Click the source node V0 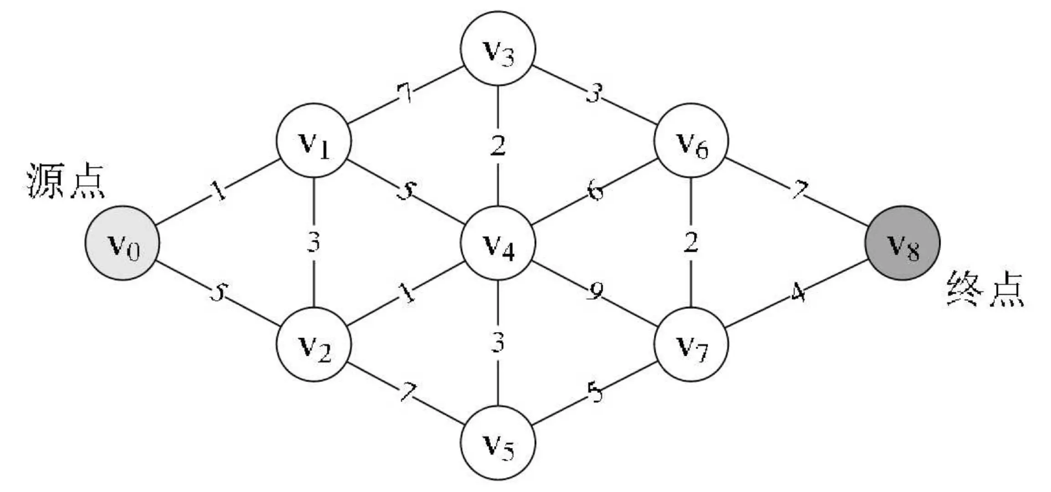pos(122,243)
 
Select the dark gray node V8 pos(902,243)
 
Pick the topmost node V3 pos(498,49)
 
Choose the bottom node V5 pos(498,442)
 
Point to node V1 pos(314,140)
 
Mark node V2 pos(314,344)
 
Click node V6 pos(691,140)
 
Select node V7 pos(691,344)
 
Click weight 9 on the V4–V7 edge pos(594,292)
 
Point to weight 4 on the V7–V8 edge pos(798,293)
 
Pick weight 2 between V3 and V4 pos(498,146)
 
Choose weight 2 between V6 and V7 pos(691,243)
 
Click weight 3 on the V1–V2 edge pos(314,243)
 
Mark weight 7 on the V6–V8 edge pos(799,190)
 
